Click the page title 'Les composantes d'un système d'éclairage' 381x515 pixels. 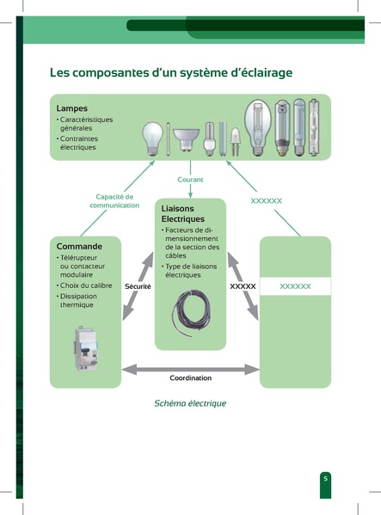coord(171,73)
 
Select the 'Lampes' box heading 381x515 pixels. coord(72,108)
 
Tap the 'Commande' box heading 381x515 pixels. coord(79,246)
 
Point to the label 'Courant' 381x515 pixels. coord(190,179)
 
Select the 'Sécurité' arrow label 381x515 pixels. coord(138,285)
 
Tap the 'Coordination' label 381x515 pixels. coord(190,377)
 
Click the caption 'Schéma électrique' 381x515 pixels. coord(190,402)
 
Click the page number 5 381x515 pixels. coord(325,478)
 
